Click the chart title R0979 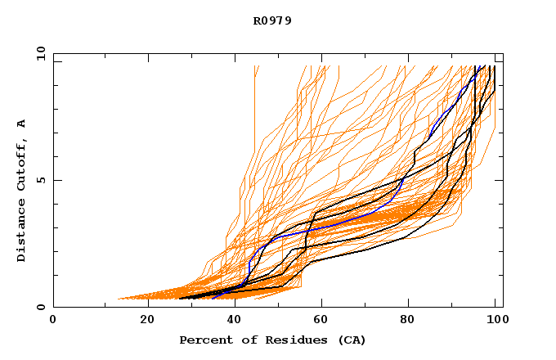272,20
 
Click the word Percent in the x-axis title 204,340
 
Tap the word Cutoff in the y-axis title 22,165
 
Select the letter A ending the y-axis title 22,124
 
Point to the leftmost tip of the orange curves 119,299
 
